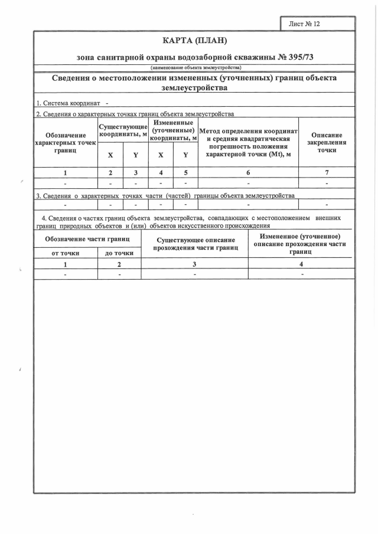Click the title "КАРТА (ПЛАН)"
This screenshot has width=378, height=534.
click(x=194, y=41)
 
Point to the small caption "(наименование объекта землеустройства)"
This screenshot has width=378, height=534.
click(x=194, y=68)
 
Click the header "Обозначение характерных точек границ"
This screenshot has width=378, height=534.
click(x=65, y=143)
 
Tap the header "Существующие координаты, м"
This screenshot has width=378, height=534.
click(x=123, y=130)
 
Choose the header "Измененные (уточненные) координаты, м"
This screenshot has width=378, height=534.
click(x=173, y=130)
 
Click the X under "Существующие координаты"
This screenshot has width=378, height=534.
click(x=110, y=155)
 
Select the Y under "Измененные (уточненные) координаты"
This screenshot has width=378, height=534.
click(x=185, y=155)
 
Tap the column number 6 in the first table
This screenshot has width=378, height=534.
click(x=248, y=173)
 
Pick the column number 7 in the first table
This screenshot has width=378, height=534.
click(x=327, y=173)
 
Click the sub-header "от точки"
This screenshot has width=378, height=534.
click(x=66, y=253)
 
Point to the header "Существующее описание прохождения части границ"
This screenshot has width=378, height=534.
click(x=195, y=244)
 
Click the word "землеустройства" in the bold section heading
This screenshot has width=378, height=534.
click(x=194, y=88)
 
